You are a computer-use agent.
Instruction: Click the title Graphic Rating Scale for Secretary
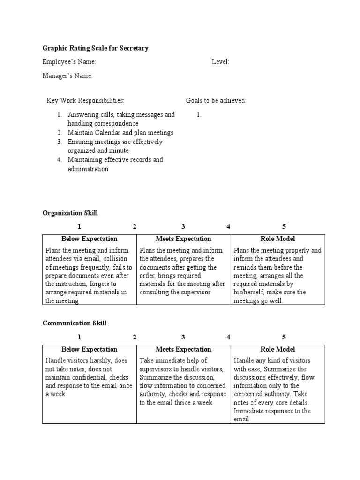pyautogui.click(x=96, y=48)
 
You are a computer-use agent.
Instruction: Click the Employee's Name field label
pyautogui.click(x=69, y=62)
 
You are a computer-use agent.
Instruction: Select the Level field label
pyautogui.click(x=220, y=62)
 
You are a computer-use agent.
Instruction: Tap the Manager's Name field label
pyautogui.click(x=67, y=76)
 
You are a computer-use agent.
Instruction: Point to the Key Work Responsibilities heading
pyautogui.click(x=85, y=101)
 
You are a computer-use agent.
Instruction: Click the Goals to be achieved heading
pyautogui.click(x=216, y=101)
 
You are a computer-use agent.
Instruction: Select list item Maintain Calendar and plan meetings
pyautogui.click(x=120, y=133)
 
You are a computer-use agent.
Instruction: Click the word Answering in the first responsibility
pyautogui.click(x=83, y=114)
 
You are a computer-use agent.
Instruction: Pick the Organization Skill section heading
pyautogui.click(x=70, y=213)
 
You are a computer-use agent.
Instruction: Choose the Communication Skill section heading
pyautogui.click(x=75, y=323)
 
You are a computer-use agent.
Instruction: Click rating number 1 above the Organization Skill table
pyautogui.click(x=80, y=227)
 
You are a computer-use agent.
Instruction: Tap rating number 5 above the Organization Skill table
pyautogui.click(x=284, y=227)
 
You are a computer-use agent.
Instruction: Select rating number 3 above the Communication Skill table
pyautogui.click(x=183, y=337)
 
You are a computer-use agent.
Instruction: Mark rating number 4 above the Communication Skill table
pyautogui.click(x=228, y=337)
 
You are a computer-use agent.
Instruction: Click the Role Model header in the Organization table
pyautogui.click(x=277, y=239)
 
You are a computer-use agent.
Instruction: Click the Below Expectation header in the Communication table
pyautogui.click(x=89, y=349)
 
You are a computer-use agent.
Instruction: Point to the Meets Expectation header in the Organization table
pyautogui.click(x=183, y=239)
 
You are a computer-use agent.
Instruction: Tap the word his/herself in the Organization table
pyautogui.click(x=250, y=292)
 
